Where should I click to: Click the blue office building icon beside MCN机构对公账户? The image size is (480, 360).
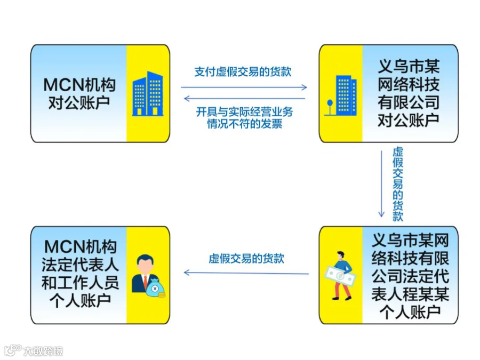pos(147,94)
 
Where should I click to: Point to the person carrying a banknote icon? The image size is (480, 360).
pos(340,275)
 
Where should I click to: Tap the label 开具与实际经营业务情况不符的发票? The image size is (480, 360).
pos(244,118)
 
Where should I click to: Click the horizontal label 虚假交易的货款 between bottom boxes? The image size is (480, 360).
pos(246,259)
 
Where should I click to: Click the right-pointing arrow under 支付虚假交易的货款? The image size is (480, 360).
pos(244,87)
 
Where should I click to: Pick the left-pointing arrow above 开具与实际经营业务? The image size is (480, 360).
pos(244,98)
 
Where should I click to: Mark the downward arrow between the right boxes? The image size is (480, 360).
pos(382,183)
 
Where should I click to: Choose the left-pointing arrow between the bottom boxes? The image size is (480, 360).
pos(246,273)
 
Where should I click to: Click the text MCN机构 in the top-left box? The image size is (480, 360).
pos(79,85)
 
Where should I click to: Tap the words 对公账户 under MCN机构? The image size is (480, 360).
pos(79,103)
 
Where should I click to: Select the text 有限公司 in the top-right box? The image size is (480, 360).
pos(409,101)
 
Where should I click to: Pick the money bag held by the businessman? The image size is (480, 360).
pos(157,287)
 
